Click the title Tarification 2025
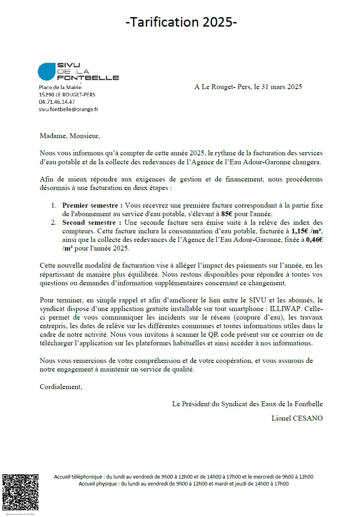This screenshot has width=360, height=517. (x=181, y=22)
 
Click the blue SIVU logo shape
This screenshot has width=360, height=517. (x=46, y=72)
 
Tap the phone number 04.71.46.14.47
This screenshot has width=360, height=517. (x=57, y=102)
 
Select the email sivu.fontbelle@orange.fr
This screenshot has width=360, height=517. (x=68, y=109)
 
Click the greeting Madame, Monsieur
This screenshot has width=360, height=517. (x=69, y=136)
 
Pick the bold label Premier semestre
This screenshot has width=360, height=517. (x=92, y=206)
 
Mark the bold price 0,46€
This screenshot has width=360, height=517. (x=314, y=240)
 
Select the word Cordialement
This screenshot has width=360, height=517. (x=61, y=387)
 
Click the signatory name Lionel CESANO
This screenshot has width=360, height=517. (x=297, y=418)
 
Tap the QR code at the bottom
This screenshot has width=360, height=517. (x=20, y=492)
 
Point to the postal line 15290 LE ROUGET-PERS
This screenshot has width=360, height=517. (x=67, y=94)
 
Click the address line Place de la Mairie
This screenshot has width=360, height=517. (x=60, y=87)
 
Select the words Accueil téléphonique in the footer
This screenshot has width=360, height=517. (x=79, y=477)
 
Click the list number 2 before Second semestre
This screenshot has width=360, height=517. (x=53, y=223)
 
